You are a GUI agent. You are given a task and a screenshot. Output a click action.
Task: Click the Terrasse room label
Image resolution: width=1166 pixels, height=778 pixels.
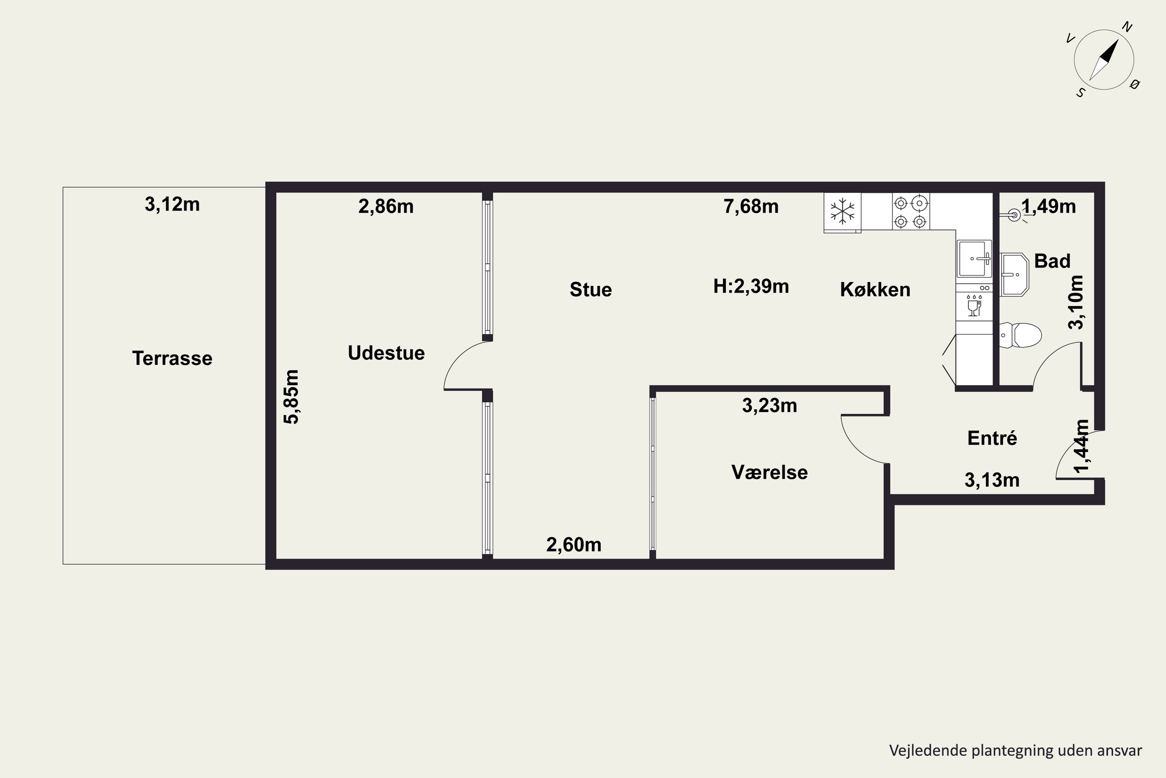point(172,358)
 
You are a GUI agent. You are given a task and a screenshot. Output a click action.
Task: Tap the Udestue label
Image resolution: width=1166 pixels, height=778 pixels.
point(386,353)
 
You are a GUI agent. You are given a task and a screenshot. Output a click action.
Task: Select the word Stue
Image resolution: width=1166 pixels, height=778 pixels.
point(590,289)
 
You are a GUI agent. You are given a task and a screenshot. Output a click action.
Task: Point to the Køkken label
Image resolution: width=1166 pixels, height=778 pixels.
point(875,289)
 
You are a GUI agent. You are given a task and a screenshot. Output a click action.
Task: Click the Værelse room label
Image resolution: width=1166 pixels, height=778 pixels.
point(770,472)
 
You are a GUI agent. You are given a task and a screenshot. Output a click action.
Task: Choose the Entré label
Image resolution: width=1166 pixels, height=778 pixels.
point(992,438)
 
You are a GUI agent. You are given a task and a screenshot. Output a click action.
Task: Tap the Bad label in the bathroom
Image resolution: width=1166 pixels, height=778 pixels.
point(1052,261)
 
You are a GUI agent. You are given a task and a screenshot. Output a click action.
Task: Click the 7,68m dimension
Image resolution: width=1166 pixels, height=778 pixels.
point(751,207)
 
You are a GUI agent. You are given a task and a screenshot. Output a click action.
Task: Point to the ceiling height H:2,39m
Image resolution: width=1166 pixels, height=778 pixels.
point(751,286)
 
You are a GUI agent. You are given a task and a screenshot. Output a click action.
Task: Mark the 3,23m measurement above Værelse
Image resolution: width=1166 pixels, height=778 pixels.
point(770,406)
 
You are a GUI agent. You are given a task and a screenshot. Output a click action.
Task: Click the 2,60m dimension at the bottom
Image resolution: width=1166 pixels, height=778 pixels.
point(574,545)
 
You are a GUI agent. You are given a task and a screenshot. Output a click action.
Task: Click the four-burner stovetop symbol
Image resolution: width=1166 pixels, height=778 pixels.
point(911,212)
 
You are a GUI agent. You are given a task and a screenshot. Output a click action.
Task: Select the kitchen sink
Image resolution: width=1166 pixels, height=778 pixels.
point(974,259)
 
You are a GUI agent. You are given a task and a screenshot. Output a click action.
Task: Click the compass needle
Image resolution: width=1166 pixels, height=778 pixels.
point(1104,60)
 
